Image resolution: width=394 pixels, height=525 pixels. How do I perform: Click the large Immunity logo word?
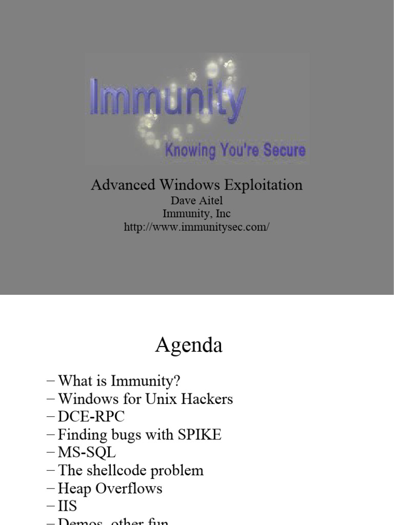pos(166,98)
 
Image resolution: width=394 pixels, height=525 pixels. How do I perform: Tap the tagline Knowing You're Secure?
pos(235,150)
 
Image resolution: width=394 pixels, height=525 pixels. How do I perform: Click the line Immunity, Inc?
pos(196,214)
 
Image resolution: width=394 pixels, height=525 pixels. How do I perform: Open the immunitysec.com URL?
pos(196,227)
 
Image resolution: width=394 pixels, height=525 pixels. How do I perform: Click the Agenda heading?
pos(189,346)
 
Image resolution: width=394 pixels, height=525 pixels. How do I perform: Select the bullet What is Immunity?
pos(119,381)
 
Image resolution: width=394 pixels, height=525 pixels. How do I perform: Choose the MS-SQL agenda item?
pos(87,453)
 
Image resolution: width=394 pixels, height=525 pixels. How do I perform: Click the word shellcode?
pos(112,471)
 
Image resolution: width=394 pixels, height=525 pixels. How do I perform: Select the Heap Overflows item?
pos(110,489)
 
